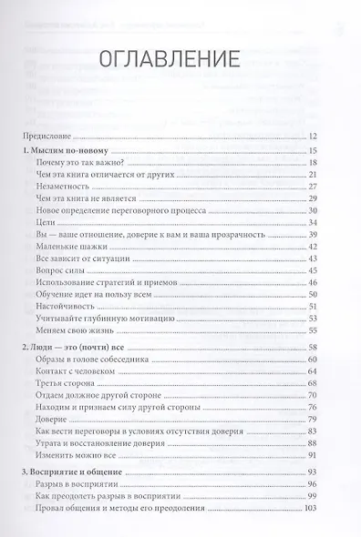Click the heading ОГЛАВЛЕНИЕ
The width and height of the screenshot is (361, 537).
click(x=180, y=61)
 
